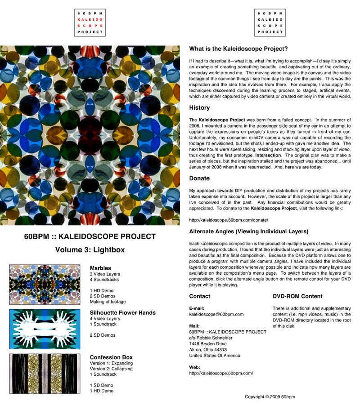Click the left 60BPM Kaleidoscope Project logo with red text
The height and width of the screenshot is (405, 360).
coord(90,23)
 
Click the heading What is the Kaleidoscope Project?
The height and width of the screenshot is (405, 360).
coord(238,49)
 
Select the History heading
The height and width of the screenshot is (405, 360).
coord(199,108)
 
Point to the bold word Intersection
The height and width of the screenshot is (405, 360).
coord(269,155)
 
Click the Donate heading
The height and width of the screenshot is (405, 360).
coord(199,178)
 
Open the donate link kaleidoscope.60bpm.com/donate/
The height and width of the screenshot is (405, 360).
coord(229,220)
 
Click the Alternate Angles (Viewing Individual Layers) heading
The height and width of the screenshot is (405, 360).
coord(249,231)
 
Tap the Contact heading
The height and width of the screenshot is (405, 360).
coord(199,297)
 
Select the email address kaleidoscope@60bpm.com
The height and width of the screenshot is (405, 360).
coord(216,314)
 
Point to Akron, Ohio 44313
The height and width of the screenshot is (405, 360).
coord(208,349)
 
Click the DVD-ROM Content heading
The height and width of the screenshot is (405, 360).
coord(297,297)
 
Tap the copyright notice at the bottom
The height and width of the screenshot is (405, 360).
coord(270,397)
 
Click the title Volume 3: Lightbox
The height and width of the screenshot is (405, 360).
coord(90,250)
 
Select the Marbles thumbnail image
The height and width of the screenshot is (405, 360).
coord(45,285)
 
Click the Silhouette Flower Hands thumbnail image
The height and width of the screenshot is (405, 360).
coord(45,329)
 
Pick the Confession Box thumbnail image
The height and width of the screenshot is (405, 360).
coord(45,374)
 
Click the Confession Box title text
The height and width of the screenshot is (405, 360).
coord(111,358)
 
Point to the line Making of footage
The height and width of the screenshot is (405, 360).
coord(108,302)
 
